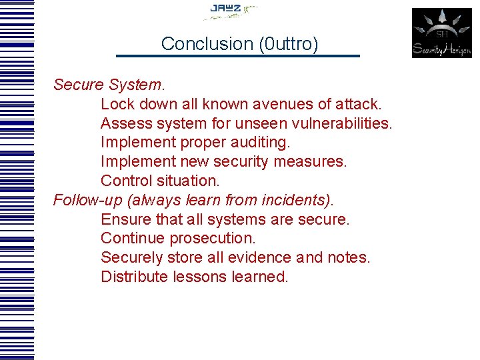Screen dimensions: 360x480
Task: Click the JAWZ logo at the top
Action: click(x=229, y=10)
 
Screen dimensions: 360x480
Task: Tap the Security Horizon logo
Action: click(x=441, y=33)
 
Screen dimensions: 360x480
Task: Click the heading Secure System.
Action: click(x=109, y=85)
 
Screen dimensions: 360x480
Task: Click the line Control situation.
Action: click(x=160, y=181)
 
